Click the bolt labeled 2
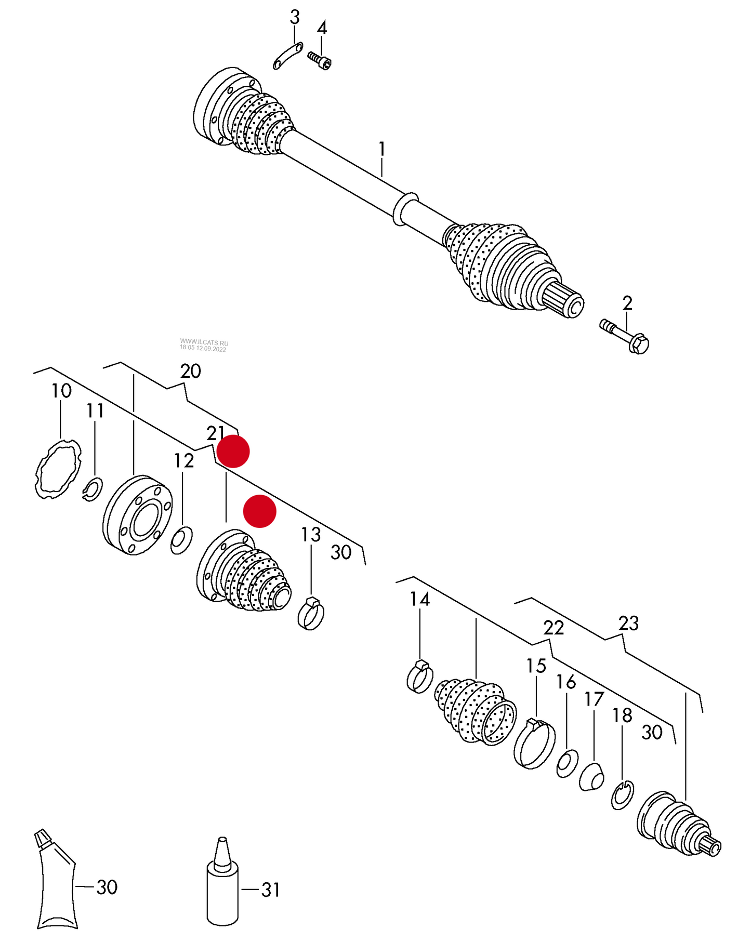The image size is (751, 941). tap(625, 337)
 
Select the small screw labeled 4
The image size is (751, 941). tap(319, 60)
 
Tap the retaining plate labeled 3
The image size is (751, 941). tap(287, 56)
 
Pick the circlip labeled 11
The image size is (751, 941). tap(93, 489)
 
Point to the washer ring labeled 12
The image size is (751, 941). tap(181, 540)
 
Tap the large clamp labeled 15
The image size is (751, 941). tap(534, 744)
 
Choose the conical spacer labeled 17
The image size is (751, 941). tap(592, 777)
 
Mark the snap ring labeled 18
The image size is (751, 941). tap(622, 795)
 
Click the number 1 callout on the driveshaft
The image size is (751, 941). tap(382, 150)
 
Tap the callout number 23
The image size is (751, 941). tap(628, 623)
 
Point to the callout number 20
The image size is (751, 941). tap(190, 372)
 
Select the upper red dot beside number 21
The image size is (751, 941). tap(233, 452)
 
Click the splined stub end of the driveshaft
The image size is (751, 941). tap(565, 301)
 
